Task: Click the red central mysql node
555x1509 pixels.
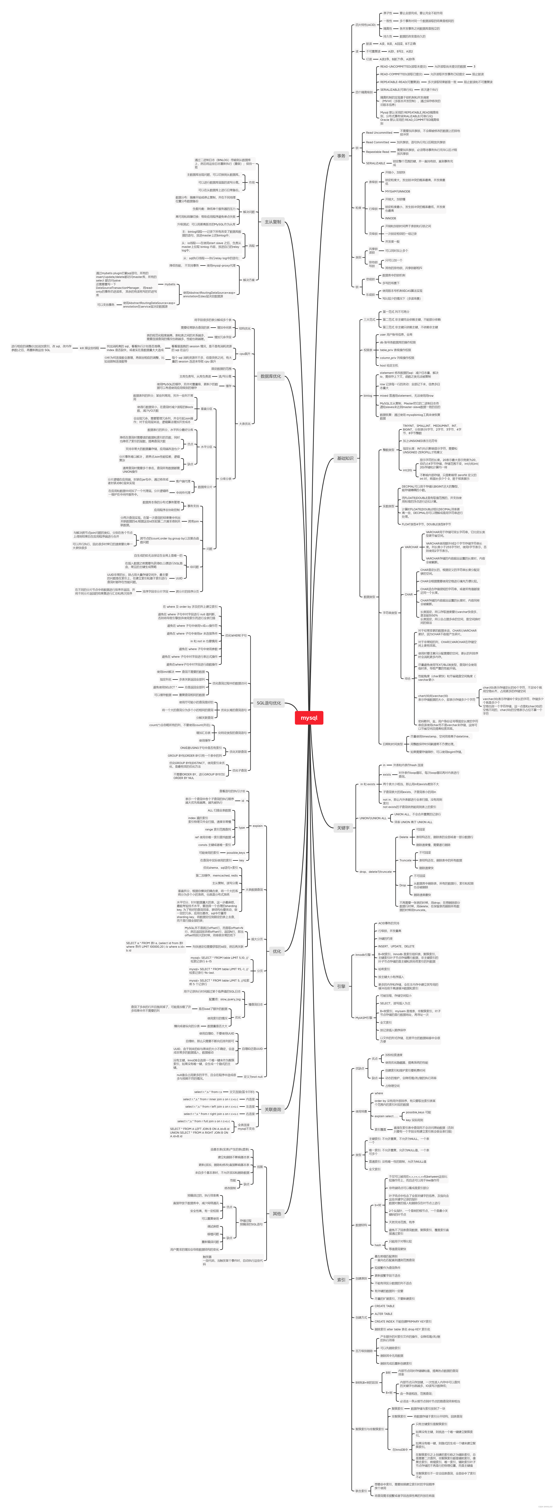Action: pos(309,718)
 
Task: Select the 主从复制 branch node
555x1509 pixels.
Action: pos(272,222)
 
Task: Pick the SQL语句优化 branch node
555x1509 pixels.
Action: pos(268,703)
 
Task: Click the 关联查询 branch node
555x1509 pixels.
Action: pos(272,1110)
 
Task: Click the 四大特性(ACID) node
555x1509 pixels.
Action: pos(365,25)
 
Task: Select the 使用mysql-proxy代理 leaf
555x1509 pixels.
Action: pos(221,265)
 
